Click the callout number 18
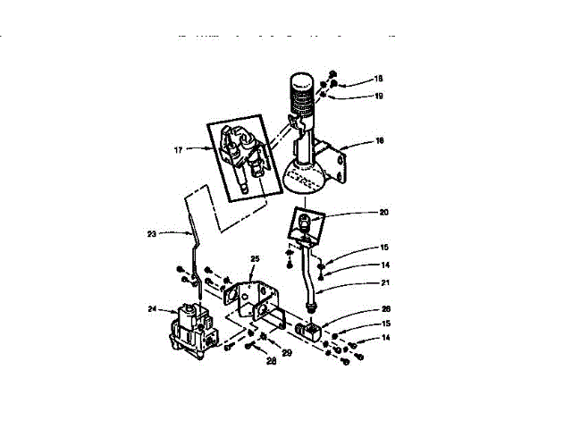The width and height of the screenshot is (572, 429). [x=352, y=80]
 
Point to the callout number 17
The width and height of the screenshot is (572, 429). [x=178, y=150]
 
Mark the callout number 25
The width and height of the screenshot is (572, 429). [x=254, y=258]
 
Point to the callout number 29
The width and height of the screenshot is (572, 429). [x=287, y=354]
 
